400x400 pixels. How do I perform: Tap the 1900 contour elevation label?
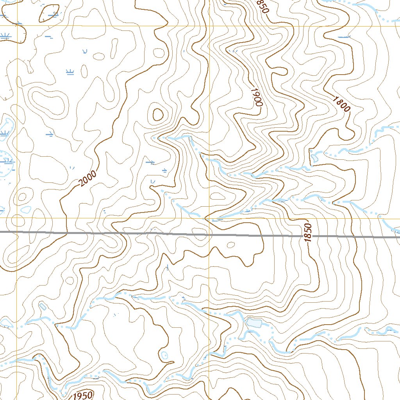click(x=256, y=97)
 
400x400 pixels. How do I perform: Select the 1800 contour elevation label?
click(x=341, y=104)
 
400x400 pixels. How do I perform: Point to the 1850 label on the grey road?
click(x=309, y=233)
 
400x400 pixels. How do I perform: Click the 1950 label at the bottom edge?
click(x=82, y=395)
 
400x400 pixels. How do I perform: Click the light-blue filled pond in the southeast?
click(x=254, y=323)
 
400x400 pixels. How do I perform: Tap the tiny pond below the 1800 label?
click(x=314, y=158)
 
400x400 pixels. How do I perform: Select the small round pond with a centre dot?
click(x=164, y=355)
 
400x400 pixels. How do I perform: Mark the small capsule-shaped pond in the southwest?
click(x=43, y=306)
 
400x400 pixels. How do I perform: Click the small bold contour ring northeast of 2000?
click(x=158, y=114)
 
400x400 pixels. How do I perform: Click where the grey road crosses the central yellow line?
click(x=209, y=235)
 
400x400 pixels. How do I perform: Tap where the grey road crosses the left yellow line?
click(x=17, y=232)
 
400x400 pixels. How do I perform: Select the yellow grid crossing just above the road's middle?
click(x=209, y=218)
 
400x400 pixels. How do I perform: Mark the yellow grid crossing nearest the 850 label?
click(x=209, y=26)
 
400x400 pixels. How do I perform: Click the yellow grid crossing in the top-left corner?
click(x=17, y=26)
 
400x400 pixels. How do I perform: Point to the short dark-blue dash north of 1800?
click(x=344, y=37)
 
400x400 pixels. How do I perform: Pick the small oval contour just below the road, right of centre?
click(x=231, y=245)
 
